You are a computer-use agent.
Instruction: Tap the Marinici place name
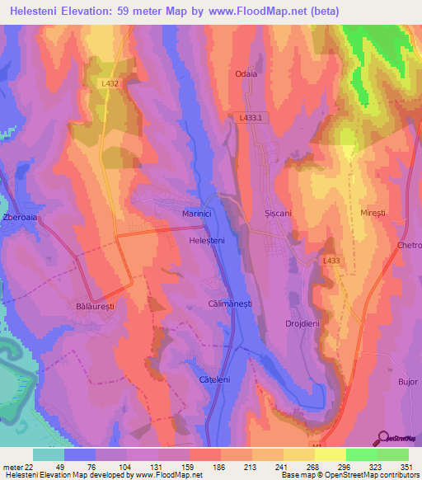coord(197,214)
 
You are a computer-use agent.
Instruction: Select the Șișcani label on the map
coord(279,213)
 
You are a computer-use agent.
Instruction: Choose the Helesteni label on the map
coord(206,239)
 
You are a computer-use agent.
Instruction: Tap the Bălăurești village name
coord(87,305)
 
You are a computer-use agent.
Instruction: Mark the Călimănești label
coord(230,304)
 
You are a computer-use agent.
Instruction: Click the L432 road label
coord(110,84)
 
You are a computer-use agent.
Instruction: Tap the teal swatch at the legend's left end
coord(49,454)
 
